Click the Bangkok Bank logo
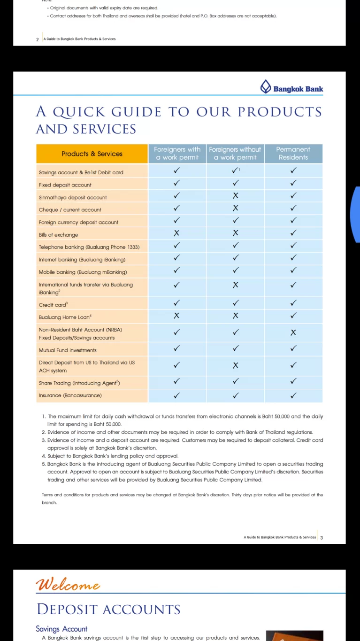point(291,88)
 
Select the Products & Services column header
point(92,154)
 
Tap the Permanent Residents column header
point(293,154)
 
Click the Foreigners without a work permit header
point(235,154)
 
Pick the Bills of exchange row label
point(59,235)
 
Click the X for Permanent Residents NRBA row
point(293,332)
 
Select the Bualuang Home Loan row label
point(65,317)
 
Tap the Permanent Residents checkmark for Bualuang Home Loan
point(293,316)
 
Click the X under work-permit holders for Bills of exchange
point(177,233)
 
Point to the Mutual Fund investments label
point(68,350)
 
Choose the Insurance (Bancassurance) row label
point(70,395)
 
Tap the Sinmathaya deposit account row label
point(73,197)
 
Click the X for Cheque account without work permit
point(236,208)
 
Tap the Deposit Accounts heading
point(108,610)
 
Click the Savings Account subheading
point(61,629)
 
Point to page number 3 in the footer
point(322,537)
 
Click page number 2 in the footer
point(38,39)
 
